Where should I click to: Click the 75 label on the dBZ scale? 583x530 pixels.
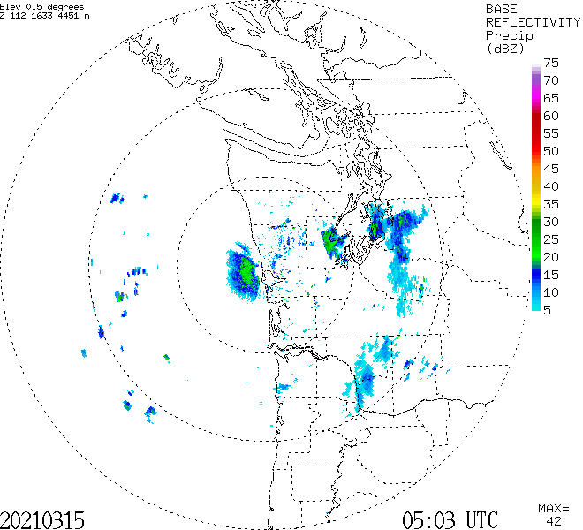coord(552,63)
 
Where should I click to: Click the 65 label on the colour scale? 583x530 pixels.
coord(552,98)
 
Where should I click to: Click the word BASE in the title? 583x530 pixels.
coord(503,8)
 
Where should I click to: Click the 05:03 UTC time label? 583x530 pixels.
coord(450,519)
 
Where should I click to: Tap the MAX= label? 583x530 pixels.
coord(554,508)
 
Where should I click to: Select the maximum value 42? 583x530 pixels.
coord(554,521)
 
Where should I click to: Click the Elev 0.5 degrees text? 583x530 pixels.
coord(42,6)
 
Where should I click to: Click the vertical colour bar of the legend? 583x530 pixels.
coord(536,186)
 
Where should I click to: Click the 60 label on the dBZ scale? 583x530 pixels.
coord(552,116)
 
